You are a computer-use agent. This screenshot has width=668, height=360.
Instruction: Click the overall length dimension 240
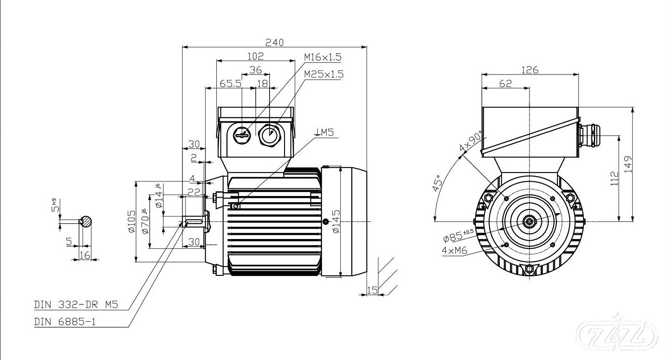pyautogui.click(x=275, y=42)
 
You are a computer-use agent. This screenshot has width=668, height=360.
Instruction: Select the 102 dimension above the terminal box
pyautogui.click(x=255, y=56)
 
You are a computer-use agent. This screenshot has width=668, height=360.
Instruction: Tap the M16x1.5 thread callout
pyautogui.click(x=323, y=57)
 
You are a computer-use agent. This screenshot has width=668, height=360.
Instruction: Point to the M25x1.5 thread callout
pyautogui.click(x=324, y=74)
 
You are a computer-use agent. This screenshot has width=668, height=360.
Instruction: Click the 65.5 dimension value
pyautogui.click(x=231, y=84)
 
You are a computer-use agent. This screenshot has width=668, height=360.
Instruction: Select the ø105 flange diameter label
pyautogui.click(x=132, y=221)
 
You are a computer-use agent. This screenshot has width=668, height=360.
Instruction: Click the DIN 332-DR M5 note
pyautogui.click(x=76, y=305)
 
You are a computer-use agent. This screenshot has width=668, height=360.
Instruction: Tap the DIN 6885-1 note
pyautogui.click(x=65, y=321)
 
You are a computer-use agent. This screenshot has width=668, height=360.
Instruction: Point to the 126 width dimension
pyautogui.click(x=529, y=70)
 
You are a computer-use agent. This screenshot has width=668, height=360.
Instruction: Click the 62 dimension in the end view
pyautogui.click(x=506, y=84)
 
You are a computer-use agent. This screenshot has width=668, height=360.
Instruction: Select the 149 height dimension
pyautogui.click(x=628, y=164)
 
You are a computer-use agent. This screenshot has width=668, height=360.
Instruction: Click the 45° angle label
pyautogui.click(x=437, y=183)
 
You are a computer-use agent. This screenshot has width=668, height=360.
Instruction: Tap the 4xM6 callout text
pyautogui.click(x=455, y=251)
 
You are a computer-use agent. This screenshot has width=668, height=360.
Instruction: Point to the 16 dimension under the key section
pyautogui.click(x=85, y=255)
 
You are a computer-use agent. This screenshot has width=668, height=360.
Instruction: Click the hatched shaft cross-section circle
pyautogui.click(x=86, y=221)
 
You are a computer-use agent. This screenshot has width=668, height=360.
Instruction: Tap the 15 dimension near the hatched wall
pyautogui.click(x=372, y=290)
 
